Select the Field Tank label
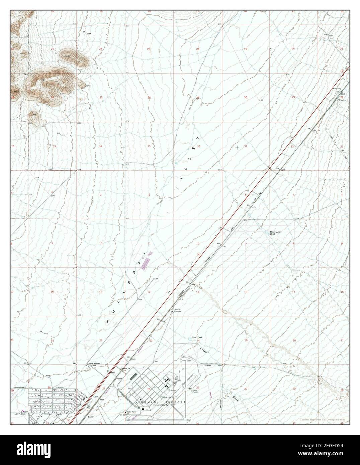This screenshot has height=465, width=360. [x=197, y=338]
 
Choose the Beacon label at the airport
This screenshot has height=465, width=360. [x=173, y=390]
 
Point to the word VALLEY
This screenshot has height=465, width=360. [x=187, y=163]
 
